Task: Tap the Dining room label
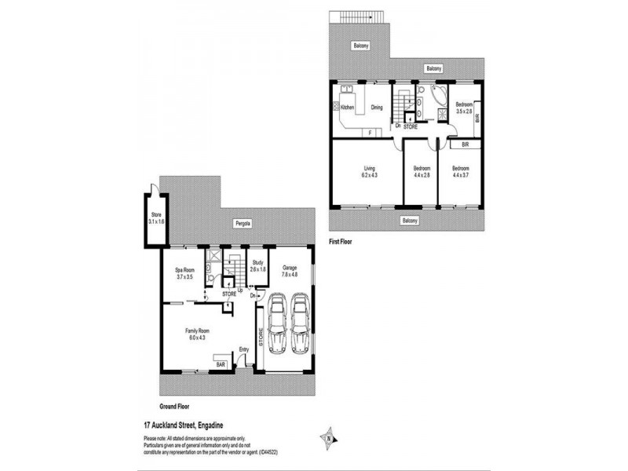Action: (377, 108)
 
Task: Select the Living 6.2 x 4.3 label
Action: (370, 171)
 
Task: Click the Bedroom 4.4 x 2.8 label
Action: (422, 171)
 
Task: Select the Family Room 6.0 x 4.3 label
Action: (195, 334)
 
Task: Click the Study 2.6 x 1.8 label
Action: (257, 266)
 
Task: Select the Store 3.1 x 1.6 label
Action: (156, 218)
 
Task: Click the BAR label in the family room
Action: (221, 365)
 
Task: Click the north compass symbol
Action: (329, 437)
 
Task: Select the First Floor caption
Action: (339, 243)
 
